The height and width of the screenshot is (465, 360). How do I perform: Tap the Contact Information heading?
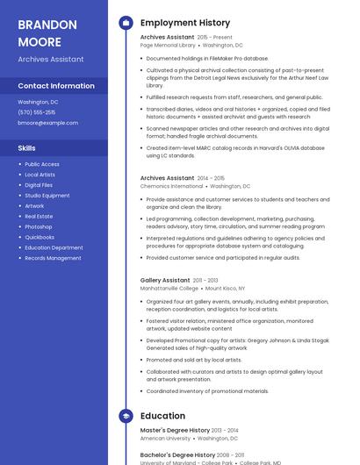(x=56, y=86)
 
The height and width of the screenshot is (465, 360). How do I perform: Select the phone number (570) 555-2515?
(x=37, y=112)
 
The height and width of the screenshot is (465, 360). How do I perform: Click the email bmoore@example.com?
(x=48, y=123)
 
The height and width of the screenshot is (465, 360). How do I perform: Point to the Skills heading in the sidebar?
(x=27, y=148)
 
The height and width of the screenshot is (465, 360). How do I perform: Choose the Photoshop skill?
(x=39, y=226)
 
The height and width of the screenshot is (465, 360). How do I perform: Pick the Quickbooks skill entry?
(x=40, y=237)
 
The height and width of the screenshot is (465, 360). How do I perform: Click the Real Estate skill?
(x=39, y=216)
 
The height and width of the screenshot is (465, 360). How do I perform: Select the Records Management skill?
(x=53, y=258)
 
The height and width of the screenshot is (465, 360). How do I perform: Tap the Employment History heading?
(x=185, y=23)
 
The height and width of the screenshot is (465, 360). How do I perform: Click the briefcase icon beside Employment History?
(x=126, y=23)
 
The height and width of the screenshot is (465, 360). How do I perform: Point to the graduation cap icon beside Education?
(x=126, y=416)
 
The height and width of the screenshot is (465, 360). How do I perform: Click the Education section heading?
(x=162, y=416)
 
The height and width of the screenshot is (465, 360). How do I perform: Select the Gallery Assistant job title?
(x=165, y=280)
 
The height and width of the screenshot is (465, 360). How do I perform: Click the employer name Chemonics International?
(x=171, y=186)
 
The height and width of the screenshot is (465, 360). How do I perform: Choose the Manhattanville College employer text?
(x=169, y=288)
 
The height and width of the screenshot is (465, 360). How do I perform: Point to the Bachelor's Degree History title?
(x=177, y=455)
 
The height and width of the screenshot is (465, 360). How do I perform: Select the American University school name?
(x=164, y=438)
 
